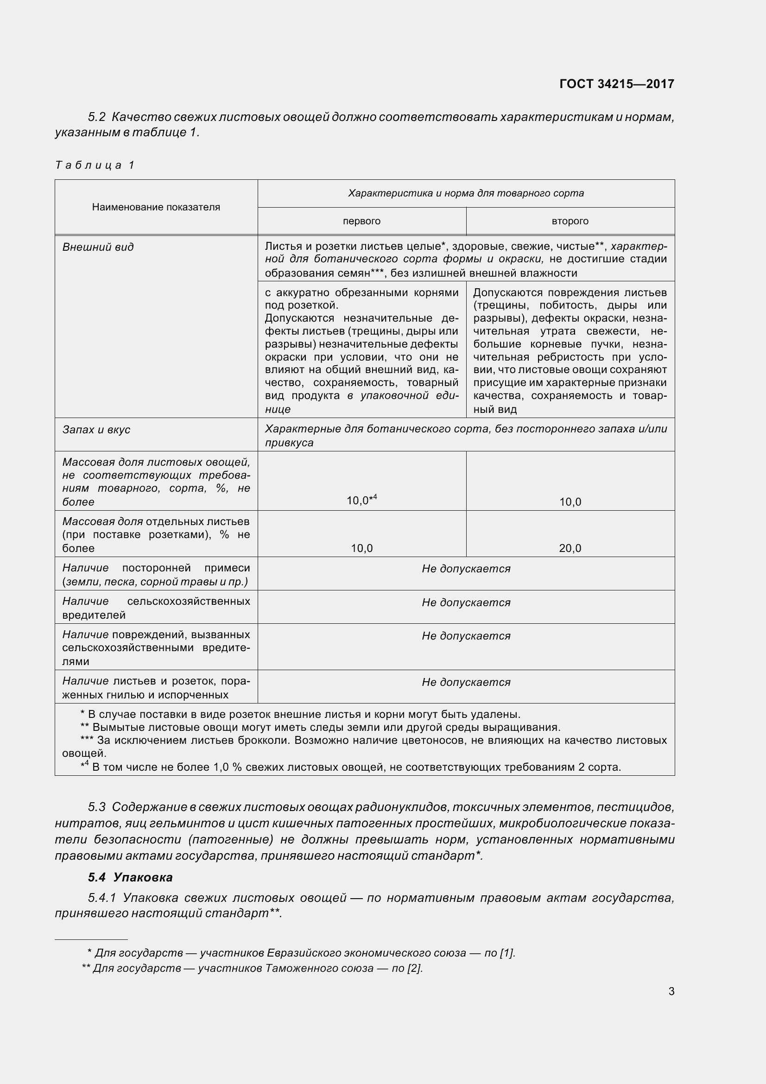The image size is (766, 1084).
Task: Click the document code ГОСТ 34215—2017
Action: tap(616, 84)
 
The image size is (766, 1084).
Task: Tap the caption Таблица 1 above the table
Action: tap(95, 165)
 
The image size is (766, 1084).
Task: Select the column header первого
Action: tap(361, 221)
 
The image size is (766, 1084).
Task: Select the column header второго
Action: tap(570, 221)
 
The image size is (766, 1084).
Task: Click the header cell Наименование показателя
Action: tap(156, 207)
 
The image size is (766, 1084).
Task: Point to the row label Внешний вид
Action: tap(98, 247)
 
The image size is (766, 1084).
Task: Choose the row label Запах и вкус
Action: tap(96, 430)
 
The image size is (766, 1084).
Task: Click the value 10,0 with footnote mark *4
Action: tap(361, 500)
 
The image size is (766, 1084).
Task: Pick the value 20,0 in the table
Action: tap(570, 548)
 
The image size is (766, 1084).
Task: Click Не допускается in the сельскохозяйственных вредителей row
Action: tap(466, 602)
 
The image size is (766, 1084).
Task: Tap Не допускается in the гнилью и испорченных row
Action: tap(466, 682)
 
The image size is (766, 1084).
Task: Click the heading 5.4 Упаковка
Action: tap(130, 877)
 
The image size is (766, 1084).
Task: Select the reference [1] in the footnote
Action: tap(508, 953)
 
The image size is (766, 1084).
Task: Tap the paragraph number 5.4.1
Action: tap(102, 898)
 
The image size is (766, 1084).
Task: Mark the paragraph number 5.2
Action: tap(97, 117)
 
